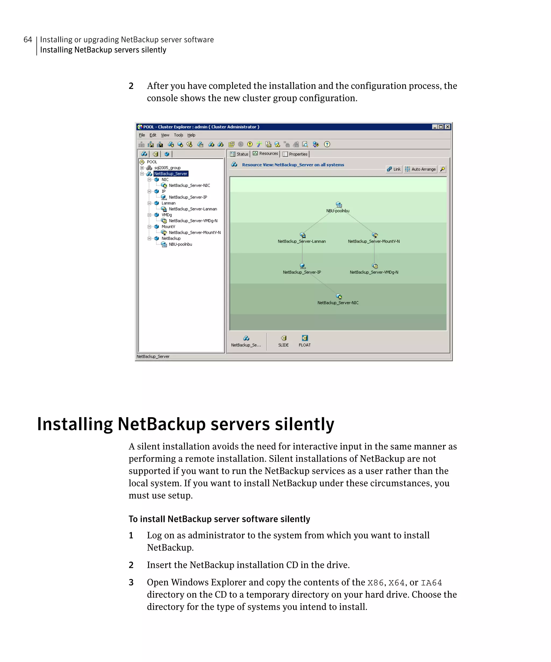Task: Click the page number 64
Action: point(28,40)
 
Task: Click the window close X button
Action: point(447,127)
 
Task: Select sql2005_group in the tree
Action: point(167,168)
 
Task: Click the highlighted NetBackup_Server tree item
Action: point(171,174)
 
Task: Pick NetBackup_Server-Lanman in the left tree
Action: point(193,209)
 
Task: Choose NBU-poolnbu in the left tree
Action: point(180,244)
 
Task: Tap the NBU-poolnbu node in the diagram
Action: point(338,205)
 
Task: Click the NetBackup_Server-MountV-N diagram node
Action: point(374,235)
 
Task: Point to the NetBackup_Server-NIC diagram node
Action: point(338,297)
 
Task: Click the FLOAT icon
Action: point(305,338)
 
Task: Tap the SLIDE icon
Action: point(283,338)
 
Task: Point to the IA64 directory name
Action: point(431,583)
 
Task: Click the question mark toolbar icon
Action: point(327,144)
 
